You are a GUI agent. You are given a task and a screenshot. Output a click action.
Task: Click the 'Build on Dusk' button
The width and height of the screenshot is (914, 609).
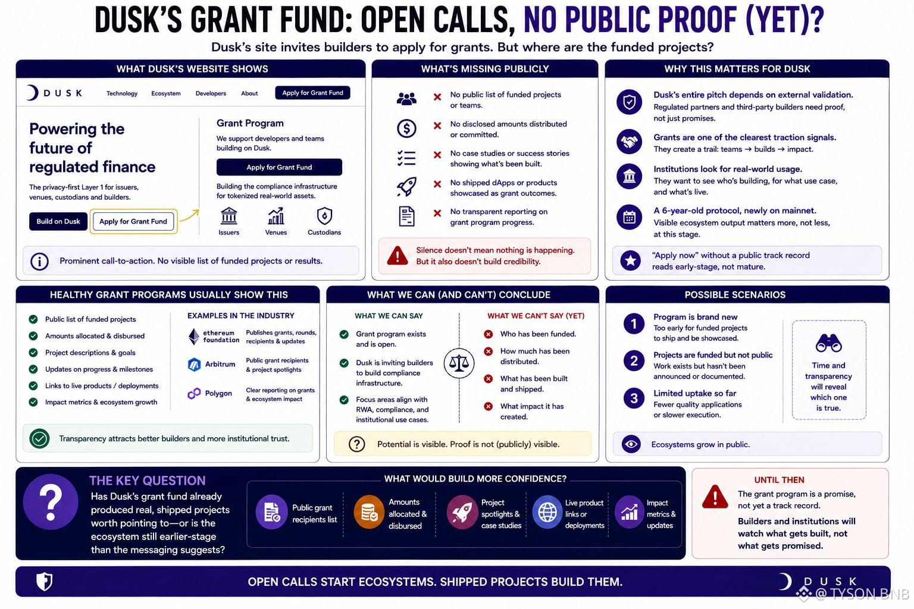tap(58, 221)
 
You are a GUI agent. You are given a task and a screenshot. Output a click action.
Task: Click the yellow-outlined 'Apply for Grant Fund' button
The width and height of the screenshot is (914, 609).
tap(133, 221)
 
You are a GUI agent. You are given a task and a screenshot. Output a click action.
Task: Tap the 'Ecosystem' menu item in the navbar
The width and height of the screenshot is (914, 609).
tap(165, 93)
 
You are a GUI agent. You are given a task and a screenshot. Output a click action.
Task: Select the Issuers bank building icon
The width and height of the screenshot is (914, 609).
tap(229, 216)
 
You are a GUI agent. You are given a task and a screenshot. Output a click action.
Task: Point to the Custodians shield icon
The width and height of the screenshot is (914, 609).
tap(324, 216)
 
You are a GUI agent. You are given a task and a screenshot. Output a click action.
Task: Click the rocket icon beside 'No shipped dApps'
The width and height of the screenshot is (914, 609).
tap(407, 186)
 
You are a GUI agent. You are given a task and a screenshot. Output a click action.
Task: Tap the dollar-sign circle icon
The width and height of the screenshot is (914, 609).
tap(406, 128)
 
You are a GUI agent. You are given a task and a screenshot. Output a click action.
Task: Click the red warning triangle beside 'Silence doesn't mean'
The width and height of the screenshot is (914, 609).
tap(397, 256)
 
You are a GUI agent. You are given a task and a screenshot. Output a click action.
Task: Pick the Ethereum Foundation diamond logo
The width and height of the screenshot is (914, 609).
tap(194, 337)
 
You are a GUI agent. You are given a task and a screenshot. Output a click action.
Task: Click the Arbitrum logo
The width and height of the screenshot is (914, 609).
tap(194, 364)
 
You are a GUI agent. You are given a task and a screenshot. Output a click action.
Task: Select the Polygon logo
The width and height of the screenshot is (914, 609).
tap(194, 393)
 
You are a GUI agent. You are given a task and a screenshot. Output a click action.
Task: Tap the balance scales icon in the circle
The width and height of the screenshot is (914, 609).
tap(459, 363)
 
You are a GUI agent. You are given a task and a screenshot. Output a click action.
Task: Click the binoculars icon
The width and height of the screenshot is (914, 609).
tap(828, 343)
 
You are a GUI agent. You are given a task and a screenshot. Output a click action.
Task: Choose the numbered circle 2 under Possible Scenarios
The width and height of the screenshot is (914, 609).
tap(634, 361)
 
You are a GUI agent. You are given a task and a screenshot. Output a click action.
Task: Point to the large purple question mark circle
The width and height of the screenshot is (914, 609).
tap(51, 502)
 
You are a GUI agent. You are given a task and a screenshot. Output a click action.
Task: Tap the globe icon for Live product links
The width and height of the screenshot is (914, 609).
tap(547, 512)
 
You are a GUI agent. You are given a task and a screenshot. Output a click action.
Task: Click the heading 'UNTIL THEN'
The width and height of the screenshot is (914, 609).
tap(779, 480)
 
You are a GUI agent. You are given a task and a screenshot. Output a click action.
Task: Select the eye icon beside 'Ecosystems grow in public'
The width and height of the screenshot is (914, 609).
tap(631, 444)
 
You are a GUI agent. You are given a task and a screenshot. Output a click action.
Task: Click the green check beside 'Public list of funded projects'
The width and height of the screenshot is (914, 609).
tap(33, 319)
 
